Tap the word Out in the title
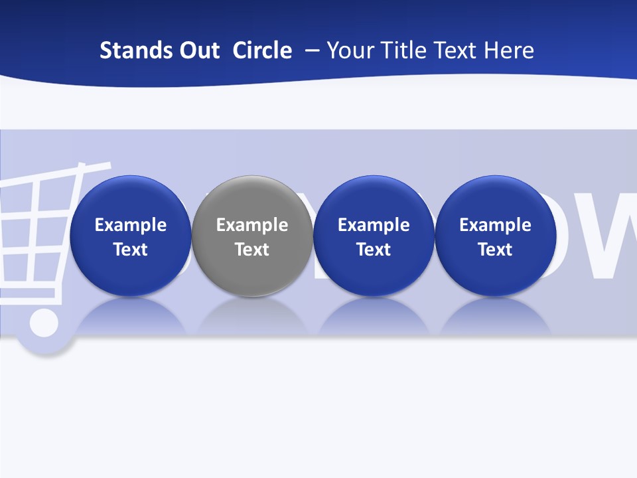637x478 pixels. [198, 50]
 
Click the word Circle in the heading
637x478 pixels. [262, 50]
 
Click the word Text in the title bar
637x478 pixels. [455, 50]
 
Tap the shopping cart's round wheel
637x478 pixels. [43, 323]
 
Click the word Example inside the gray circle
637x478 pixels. [252, 225]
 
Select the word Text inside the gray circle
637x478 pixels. [252, 250]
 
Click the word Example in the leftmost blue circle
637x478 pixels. [131, 225]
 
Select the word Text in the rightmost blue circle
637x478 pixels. [496, 250]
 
